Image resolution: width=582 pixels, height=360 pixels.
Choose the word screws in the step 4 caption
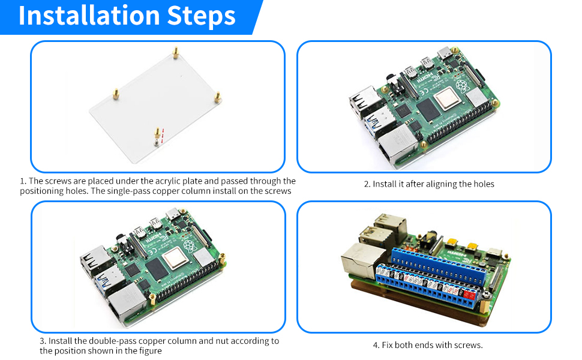[468, 345]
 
